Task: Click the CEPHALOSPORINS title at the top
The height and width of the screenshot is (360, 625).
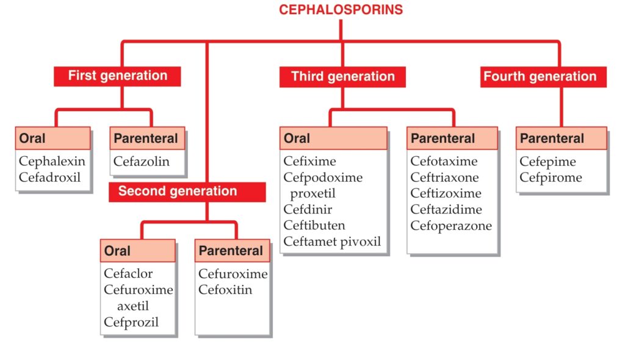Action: pos(341,10)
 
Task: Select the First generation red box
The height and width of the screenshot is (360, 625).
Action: pos(117,76)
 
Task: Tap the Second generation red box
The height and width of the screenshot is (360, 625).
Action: pos(187,192)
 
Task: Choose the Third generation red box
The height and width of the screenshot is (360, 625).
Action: pos(343,77)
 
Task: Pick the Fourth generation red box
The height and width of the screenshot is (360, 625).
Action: pos(543,77)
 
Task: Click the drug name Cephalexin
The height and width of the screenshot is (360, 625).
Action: pos(52,161)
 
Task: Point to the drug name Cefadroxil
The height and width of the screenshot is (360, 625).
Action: pos(49,177)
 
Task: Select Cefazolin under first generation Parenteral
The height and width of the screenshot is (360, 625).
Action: pos(142,161)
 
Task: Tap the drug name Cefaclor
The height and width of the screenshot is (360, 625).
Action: pos(128,273)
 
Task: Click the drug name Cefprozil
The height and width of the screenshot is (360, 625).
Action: pos(131,322)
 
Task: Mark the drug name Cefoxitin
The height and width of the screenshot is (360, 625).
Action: pos(225,289)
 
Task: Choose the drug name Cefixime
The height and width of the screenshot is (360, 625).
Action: pos(309,161)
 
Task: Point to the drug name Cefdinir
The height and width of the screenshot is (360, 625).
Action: pos(308,209)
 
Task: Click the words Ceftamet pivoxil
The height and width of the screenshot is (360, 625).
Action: pos(332,242)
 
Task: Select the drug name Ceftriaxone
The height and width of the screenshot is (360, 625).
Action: pos(444,177)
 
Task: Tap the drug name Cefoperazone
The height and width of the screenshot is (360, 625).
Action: pos(451,226)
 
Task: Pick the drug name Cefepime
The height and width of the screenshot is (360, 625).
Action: pos(547,162)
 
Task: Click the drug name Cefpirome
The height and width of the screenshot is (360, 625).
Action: pos(551,178)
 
